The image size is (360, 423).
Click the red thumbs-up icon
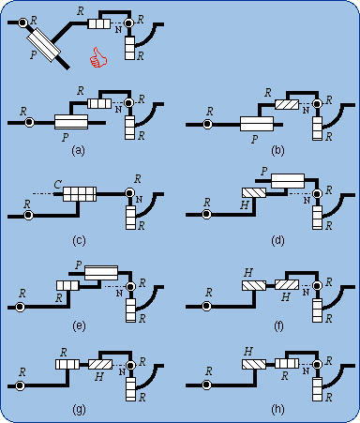tap(98, 58)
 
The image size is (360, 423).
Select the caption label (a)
tap(78, 151)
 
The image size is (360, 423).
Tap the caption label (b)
tap(277, 151)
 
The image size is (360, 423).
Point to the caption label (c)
tap(79, 240)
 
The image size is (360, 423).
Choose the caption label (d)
tap(277, 240)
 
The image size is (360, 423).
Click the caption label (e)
tap(79, 325)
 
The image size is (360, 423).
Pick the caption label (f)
tap(278, 325)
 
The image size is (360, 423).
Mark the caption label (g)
tap(79, 409)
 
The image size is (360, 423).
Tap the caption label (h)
tap(277, 409)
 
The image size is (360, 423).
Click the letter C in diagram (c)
tap(57, 185)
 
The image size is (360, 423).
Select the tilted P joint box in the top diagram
tap(44, 45)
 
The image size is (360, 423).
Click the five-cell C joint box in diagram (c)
tap(80, 194)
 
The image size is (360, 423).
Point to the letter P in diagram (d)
tap(264, 171)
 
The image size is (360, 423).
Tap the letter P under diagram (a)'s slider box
tap(65, 137)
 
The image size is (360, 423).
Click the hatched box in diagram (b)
tap(287, 104)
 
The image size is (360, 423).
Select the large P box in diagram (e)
tap(101, 273)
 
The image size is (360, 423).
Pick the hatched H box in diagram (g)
tap(100, 364)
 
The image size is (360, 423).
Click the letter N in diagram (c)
tap(139, 200)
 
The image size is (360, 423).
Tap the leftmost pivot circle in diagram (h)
tap(206, 385)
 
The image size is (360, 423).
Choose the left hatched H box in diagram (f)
tap(254, 285)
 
